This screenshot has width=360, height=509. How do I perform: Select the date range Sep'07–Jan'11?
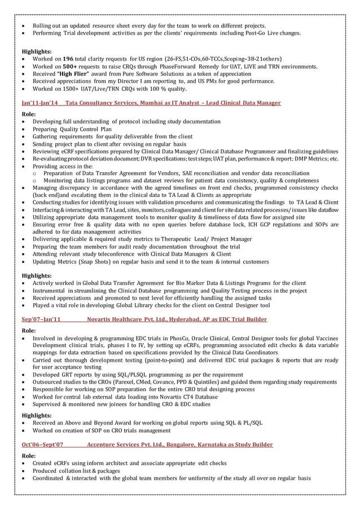41,319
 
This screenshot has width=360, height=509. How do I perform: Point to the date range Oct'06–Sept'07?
42,445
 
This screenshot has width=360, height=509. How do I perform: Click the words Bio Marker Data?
208,283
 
